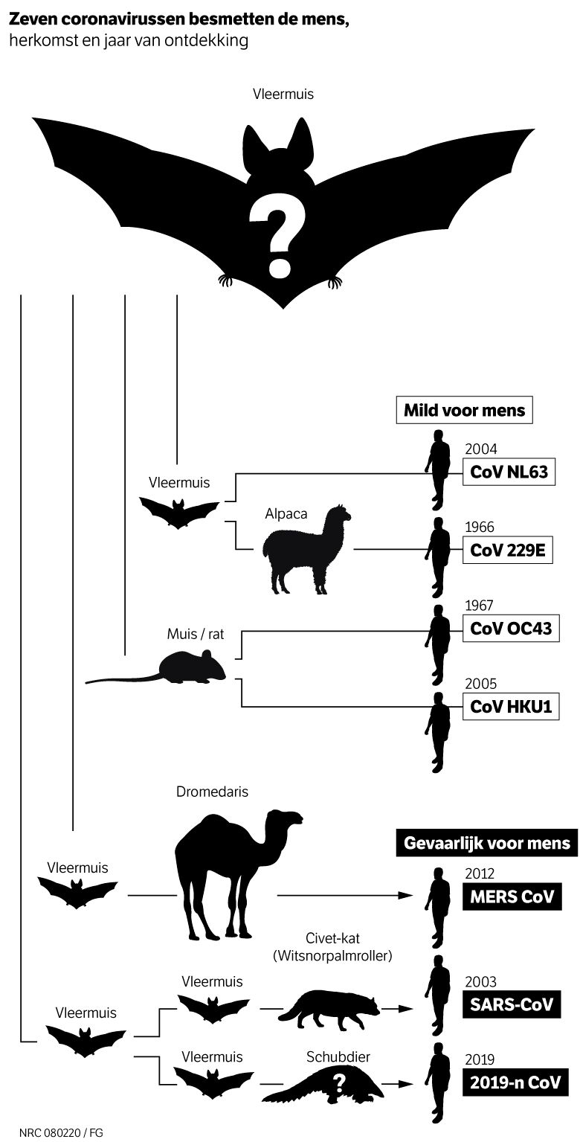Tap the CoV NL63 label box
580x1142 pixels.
pyautogui.click(x=509, y=472)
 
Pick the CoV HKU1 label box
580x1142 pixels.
pyautogui.click(x=510, y=706)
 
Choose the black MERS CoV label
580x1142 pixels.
pyautogui.click(x=512, y=896)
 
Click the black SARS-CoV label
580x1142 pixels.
pyautogui.click(x=511, y=1004)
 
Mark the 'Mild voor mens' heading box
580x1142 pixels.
pyautogui.click(x=464, y=410)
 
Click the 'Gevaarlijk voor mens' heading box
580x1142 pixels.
pyautogui.click(x=486, y=843)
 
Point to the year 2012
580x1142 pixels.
pyautogui.click(x=479, y=874)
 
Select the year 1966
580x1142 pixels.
pyautogui.click(x=479, y=527)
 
